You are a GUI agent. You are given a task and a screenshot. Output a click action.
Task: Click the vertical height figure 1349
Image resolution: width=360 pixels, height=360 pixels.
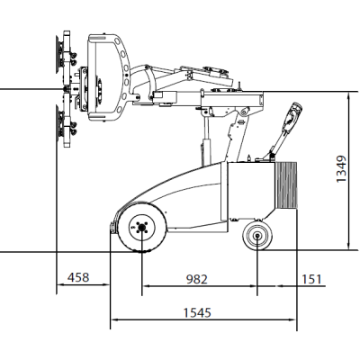[340, 168]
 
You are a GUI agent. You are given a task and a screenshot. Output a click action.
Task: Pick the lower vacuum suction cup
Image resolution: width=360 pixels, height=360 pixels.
[61, 123]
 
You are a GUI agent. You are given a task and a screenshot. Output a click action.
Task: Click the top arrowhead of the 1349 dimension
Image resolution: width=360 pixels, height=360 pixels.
[347, 91]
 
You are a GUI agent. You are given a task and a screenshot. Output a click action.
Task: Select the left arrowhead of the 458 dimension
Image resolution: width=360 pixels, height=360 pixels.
[60, 286]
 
